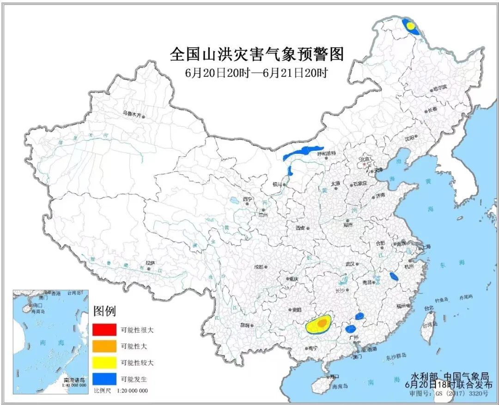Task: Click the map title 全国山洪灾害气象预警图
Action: click(x=257, y=55)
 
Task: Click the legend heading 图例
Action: click(x=104, y=310)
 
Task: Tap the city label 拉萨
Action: click(x=150, y=263)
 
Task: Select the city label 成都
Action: click(x=258, y=267)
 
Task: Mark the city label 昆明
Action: click(x=244, y=325)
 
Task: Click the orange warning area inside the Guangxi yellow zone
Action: click(x=322, y=322)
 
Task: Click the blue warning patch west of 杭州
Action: click(x=394, y=276)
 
